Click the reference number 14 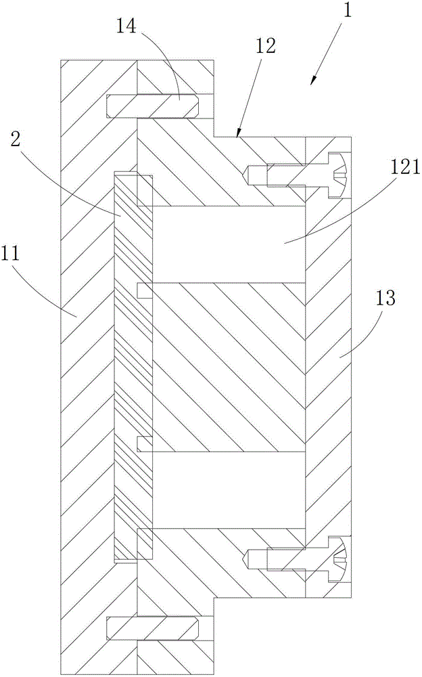point(126,26)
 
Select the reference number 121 point(404,167)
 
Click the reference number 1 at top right point(346,9)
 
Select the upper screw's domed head point(339,176)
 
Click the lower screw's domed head point(339,560)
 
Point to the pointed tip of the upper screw point(245,175)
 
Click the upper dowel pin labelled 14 point(152,106)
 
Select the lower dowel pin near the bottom point(152,629)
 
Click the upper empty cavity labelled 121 point(229,244)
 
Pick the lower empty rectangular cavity point(229,489)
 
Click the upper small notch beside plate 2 point(145,290)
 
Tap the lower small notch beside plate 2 point(145,444)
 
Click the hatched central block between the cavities point(229,368)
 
